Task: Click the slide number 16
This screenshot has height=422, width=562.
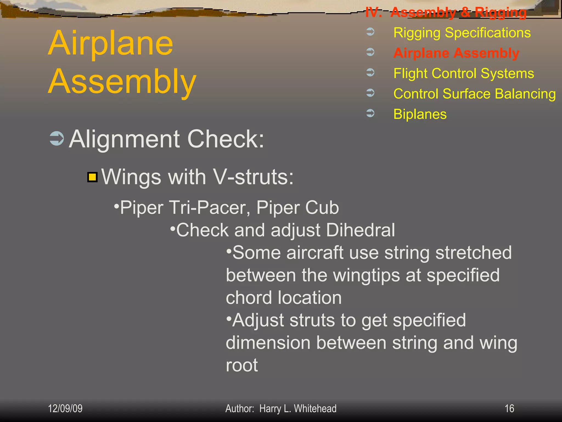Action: click(509, 409)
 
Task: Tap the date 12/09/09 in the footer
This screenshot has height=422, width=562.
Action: click(65, 409)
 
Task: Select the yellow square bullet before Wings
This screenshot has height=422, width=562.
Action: click(92, 177)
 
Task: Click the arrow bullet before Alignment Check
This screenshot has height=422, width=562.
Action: click(57, 138)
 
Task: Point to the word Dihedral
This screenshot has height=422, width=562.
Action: click(361, 230)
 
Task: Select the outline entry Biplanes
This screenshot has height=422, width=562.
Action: click(420, 114)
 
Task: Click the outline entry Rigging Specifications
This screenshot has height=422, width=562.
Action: click(462, 33)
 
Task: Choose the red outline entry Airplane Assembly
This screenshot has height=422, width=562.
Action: click(456, 53)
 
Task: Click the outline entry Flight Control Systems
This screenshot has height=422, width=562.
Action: click(463, 73)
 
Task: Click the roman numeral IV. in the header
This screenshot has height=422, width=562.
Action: click(373, 12)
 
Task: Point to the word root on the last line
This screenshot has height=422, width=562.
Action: click(242, 365)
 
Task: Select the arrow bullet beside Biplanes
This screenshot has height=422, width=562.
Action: click(370, 113)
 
